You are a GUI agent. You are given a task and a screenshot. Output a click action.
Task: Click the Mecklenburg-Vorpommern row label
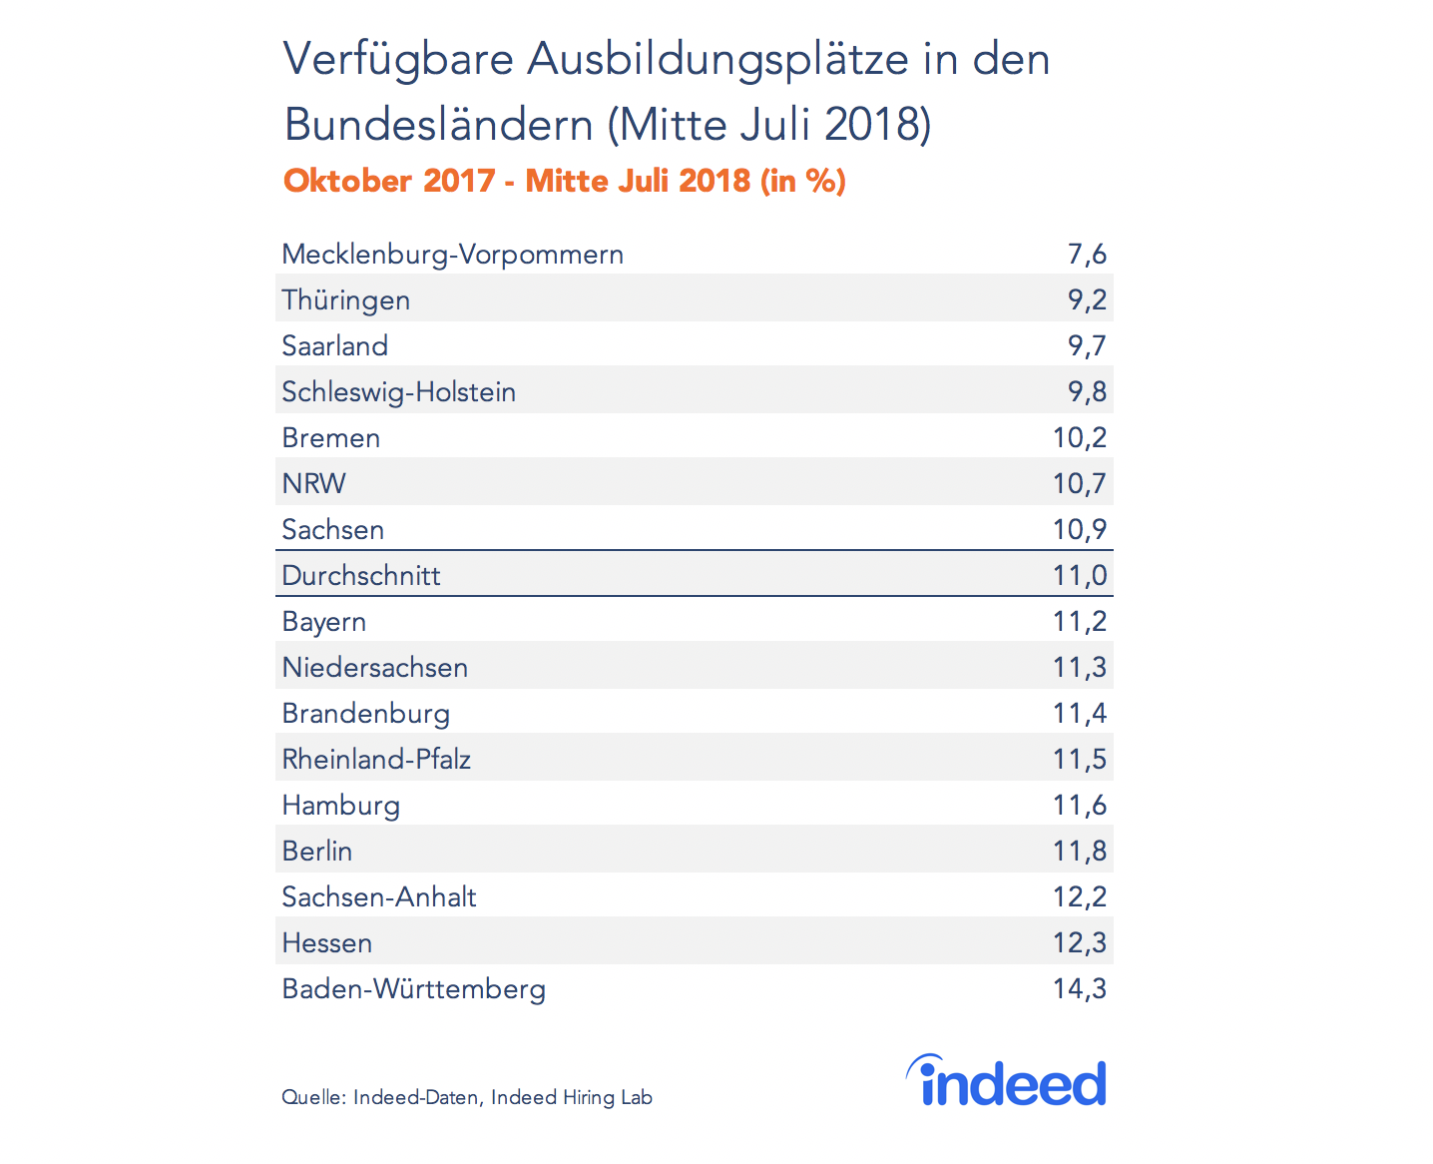coord(452,255)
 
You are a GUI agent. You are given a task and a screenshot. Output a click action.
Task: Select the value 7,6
coord(1087,255)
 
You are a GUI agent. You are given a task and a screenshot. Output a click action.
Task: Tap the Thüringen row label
coord(345,300)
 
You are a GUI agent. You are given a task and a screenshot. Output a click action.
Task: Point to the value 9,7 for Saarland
coord(1087,346)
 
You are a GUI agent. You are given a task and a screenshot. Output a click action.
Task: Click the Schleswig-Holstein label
coord(398,392)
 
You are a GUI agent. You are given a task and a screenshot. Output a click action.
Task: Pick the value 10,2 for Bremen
coord(1079,438)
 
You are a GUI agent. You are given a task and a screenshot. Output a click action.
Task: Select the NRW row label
coord(313,484)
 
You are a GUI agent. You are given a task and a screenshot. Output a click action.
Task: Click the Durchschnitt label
coord(360,576)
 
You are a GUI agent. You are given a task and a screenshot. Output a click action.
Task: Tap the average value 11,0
coord(1079,576)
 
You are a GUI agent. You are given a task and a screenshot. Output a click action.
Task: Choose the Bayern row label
coord(323,622)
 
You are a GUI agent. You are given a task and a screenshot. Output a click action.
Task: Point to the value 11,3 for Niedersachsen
coord(1079,668)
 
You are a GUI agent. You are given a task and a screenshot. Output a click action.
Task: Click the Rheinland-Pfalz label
coord(376,760)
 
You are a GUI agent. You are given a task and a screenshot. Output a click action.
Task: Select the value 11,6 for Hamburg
coord(1079,806)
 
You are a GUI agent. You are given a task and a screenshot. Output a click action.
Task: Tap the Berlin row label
coord(316,852)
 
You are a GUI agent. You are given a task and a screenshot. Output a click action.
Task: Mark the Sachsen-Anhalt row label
coord(378,897)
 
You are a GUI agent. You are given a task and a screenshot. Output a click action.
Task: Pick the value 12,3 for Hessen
coord(1079,943)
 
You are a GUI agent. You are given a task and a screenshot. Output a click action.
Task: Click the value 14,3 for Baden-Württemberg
coord(1079,989)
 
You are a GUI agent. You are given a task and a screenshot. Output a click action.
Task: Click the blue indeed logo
coord(1008,1082)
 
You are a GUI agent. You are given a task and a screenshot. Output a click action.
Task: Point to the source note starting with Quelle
coord(466,1097)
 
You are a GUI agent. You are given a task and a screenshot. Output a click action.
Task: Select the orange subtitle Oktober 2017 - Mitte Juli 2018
coord(564,181)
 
